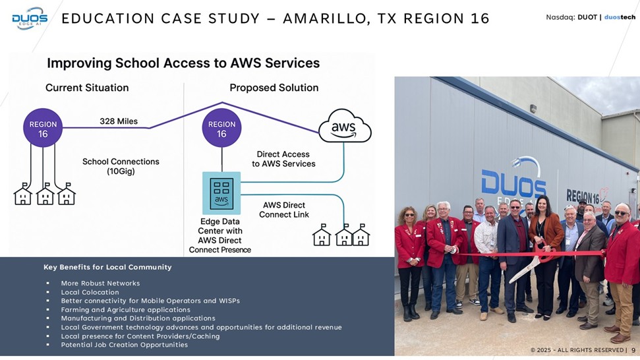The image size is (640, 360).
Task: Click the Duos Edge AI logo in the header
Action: tap(30, 18)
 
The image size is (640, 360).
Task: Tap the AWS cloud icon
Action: tap(344, 125)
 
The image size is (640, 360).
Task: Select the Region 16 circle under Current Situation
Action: tap(43, 129)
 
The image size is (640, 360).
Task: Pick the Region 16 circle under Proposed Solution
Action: tap(221, 129)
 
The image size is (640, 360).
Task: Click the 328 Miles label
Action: tap(119, 121)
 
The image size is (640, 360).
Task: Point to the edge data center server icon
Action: tap(221, 193)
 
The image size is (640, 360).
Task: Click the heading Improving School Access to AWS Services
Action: tap(183, 63)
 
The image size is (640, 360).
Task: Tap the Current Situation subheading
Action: tap(87, 88)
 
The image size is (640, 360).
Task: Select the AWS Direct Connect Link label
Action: tap(284, 210)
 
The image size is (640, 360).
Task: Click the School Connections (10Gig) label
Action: tap(121, 166)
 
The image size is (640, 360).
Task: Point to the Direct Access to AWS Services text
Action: tap(283, 159)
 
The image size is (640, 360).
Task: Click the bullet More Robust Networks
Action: tap(100, 284)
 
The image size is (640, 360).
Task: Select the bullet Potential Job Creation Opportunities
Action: tap(124, 345)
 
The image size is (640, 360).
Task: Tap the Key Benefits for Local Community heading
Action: tap(107, 267)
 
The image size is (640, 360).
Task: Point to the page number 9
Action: tap(633, 350)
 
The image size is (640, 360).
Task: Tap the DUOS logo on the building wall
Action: tap(513, 185)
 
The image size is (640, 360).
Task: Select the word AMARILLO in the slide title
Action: tap(322, 18)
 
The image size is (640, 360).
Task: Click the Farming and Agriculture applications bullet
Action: tap(125, 310)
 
